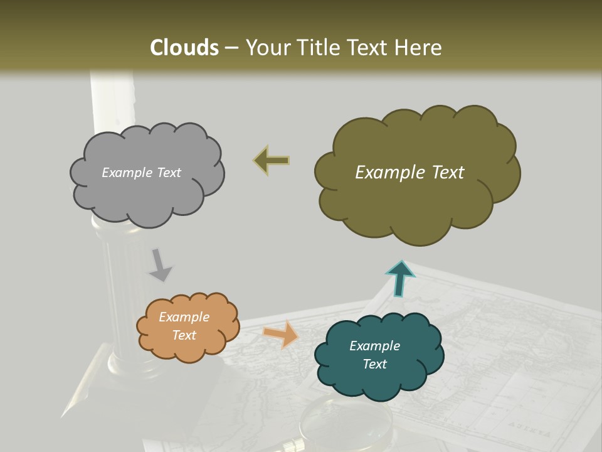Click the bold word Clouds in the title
tap(184, 48)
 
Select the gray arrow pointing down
tap(160, 265)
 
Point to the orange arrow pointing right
tap(281, 335)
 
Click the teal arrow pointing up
tap(400, 278)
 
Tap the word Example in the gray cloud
tap(127, 173)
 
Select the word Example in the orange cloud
tap(184, 317)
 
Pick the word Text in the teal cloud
tap(375, 364)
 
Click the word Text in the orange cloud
tap(184, 335)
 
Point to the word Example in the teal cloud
tap(375, 346)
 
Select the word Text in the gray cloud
tap(168, 173)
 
